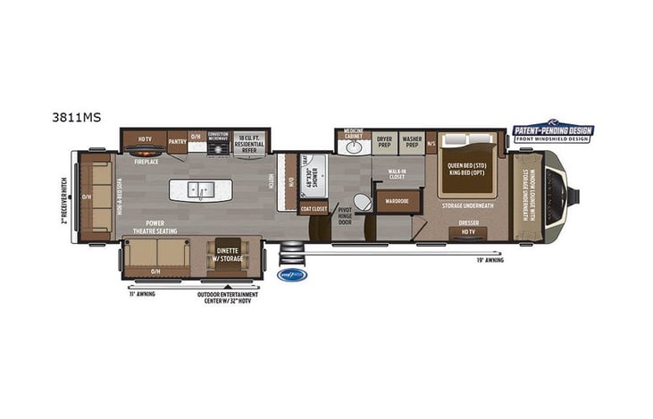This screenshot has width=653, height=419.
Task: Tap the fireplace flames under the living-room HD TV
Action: pos(146,154)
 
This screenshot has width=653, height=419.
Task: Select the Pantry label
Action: pos(177,139)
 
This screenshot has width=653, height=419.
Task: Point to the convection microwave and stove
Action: pos(218,143)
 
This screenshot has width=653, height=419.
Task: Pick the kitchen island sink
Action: pos(200,189)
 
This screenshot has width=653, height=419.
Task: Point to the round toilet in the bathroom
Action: pos(362,202)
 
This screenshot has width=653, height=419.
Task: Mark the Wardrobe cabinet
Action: pos(397,200)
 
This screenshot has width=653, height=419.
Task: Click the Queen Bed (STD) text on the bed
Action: pos(467,163)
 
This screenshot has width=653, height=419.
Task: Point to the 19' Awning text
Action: pos(490,260)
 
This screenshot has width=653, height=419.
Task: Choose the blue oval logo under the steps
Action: pos(292,274)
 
